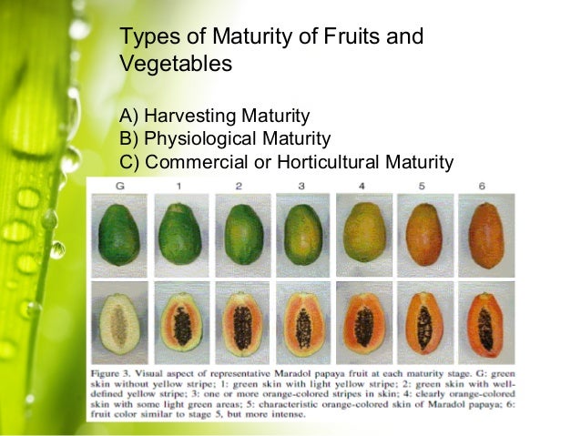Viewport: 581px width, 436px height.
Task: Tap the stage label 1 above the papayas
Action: pyautogui.click(x=179, y=186)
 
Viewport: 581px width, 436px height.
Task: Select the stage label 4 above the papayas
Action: pyautogui.click(x=362, y=186)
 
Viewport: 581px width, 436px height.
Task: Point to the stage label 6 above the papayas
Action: pyautogui.click(x=484, y=186)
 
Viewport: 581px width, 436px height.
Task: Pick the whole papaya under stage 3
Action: pyautogui.click(x=301, y=236)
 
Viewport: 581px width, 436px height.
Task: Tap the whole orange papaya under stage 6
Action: pyautogui.click(x=484, y=235)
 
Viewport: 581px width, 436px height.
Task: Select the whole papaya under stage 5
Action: pyautogui.click(x=423, y=236)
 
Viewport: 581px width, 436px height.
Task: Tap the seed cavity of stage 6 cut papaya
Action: pyautogui.click(x=484, y=327)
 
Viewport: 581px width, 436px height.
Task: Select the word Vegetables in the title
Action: pyautogui.click(x=175, y=65)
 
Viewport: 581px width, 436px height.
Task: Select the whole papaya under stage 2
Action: pyautogui.click(x=241, y=235)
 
